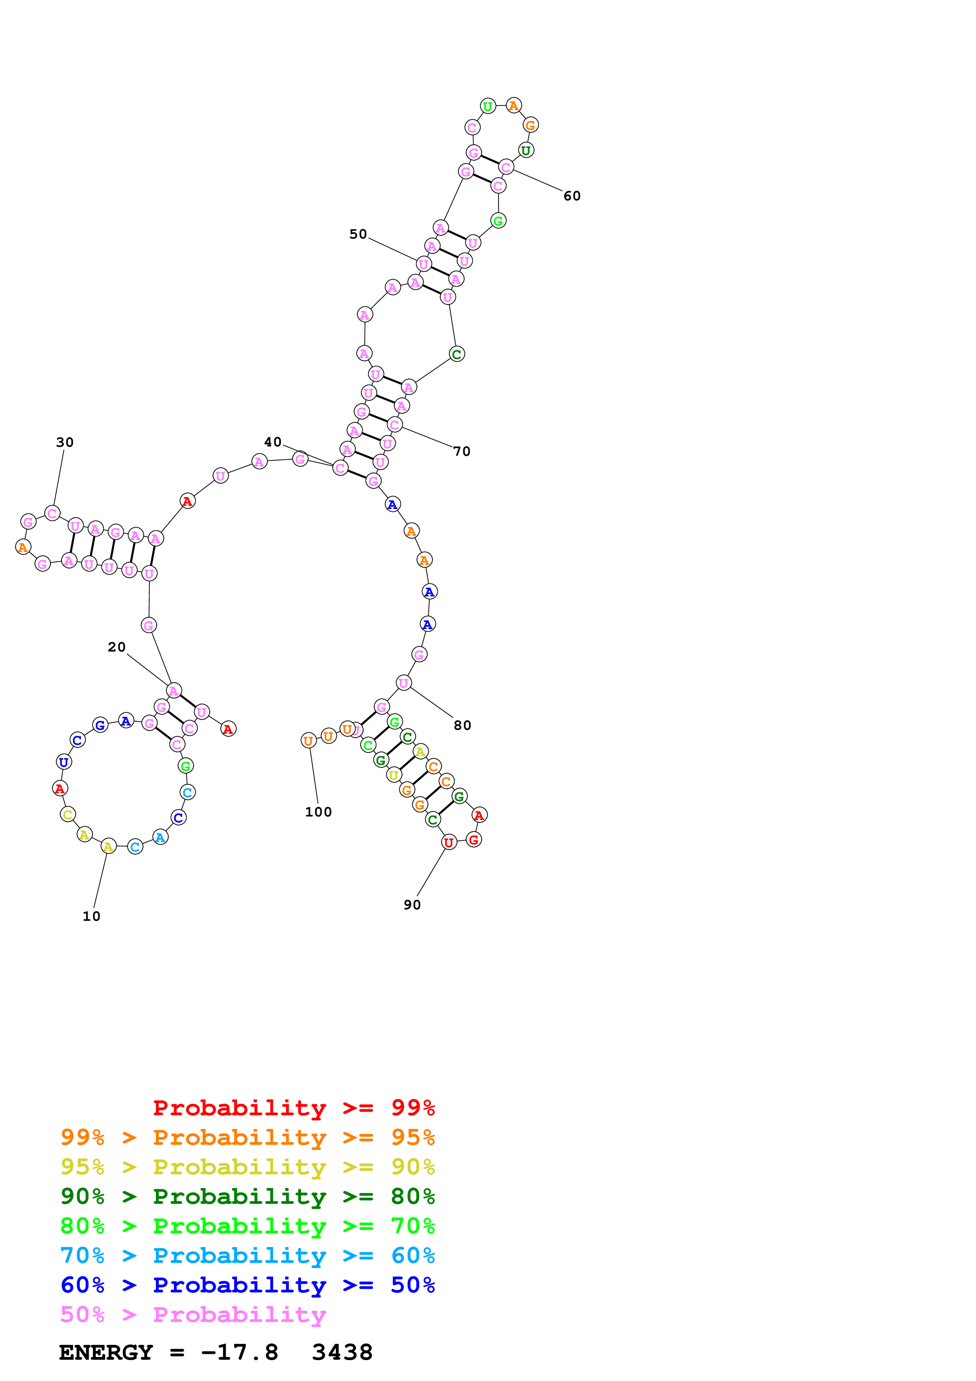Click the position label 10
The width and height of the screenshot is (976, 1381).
coord(91,916)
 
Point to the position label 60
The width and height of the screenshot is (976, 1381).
coord(572,196)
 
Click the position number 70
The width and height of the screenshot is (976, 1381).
coord(462,451)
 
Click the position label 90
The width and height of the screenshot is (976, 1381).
coord(412,905)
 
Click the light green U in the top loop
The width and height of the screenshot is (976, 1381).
coord(488,106)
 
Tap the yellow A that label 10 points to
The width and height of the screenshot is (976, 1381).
coord(108,846)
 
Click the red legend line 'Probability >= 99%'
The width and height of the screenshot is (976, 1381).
coord(293,1108)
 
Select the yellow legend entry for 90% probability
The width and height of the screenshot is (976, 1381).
coord(247,1167)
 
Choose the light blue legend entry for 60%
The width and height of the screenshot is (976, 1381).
coord(247,1256)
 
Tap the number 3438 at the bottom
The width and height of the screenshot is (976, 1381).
coord(342,1353)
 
